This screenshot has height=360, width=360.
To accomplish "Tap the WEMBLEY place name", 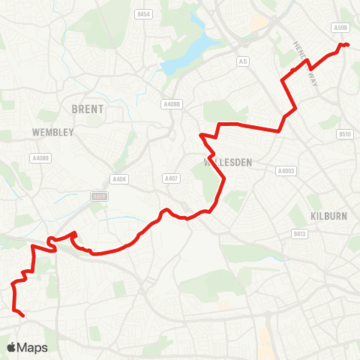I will click(52, 132).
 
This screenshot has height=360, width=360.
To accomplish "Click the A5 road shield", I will click(242, 61).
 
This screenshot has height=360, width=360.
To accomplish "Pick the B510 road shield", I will click(344, 134).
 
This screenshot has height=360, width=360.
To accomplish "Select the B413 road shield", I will click(298, 233).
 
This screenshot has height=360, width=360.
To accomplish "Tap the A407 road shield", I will click(170, 178).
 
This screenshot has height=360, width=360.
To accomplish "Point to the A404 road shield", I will click(118, 178).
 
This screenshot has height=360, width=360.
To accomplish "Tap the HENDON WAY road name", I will click(301, 53).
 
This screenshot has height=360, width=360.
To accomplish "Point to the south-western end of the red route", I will click(24, 316).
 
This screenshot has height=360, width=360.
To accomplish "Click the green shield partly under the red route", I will click(99, 196).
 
